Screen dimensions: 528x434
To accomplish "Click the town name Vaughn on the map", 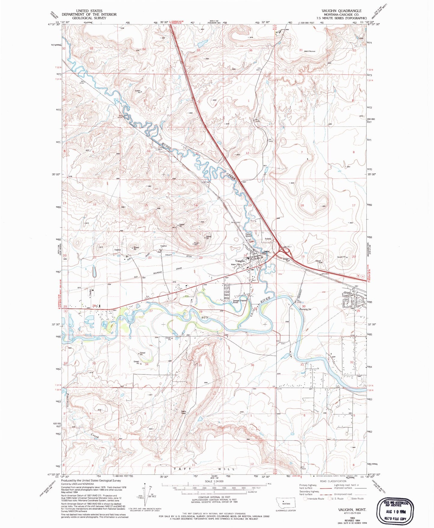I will [x=240, y=261].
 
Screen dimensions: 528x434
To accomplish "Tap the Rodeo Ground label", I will [x=248, y=235].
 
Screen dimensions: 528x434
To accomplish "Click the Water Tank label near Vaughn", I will [x=236, y=264].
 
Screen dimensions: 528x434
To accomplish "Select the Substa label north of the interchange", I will [x=268, y=239].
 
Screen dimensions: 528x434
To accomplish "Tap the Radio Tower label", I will [x=184, y=412].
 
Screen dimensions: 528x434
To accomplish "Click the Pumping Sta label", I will [x=305, y=309].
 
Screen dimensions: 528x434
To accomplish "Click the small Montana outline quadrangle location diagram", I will [x=286, y=503].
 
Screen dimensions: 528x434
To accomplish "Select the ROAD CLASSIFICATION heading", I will [x=333, y=481].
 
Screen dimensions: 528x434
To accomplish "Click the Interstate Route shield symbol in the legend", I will [x=305, y=499].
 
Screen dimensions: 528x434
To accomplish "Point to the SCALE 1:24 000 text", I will [x=214, y=481].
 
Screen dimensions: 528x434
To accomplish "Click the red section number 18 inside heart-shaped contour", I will [x=302, y=205].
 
